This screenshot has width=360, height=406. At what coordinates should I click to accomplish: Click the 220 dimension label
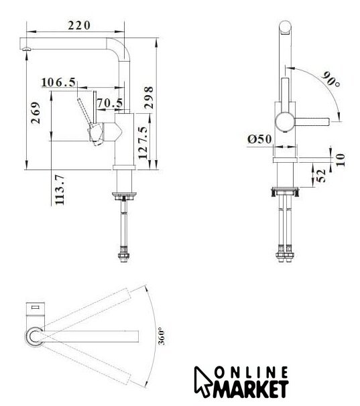click(x=79, y=25)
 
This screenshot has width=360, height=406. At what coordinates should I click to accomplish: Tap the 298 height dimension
click(x=149, y=98)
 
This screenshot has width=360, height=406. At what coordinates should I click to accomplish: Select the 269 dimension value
click(x=36, y=113)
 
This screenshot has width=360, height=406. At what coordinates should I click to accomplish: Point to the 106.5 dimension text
click(x=58, y=82)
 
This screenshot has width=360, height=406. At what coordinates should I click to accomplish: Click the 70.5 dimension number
click(x=110, y=103)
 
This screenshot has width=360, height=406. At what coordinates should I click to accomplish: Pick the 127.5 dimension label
click(x=143, y=143)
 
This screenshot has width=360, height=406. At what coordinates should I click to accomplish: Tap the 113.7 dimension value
click(x=60, y=190)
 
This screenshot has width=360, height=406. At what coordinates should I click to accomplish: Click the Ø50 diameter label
click(x=259, y=139)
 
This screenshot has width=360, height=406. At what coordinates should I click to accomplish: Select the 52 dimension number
click(x=321, y=176)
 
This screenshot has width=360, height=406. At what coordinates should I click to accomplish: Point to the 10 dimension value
click(x=341, y=159)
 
